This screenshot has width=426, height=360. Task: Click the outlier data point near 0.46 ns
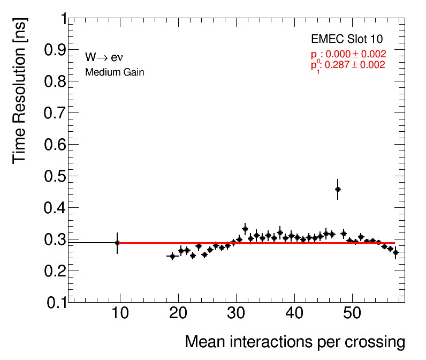(338, 189)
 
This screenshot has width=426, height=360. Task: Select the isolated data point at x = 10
(117, 243)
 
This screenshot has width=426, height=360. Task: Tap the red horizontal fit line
(257, 243)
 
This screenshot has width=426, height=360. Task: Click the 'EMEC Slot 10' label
(347, 40)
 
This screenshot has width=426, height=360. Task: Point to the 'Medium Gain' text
(115, 72)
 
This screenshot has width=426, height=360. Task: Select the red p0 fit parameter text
(348, 54)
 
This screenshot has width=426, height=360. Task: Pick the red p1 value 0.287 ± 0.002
(348, 65)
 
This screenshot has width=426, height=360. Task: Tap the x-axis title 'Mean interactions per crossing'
(294, 342)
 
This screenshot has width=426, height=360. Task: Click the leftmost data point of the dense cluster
(172, 256)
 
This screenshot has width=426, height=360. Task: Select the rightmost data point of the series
(395, 252)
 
